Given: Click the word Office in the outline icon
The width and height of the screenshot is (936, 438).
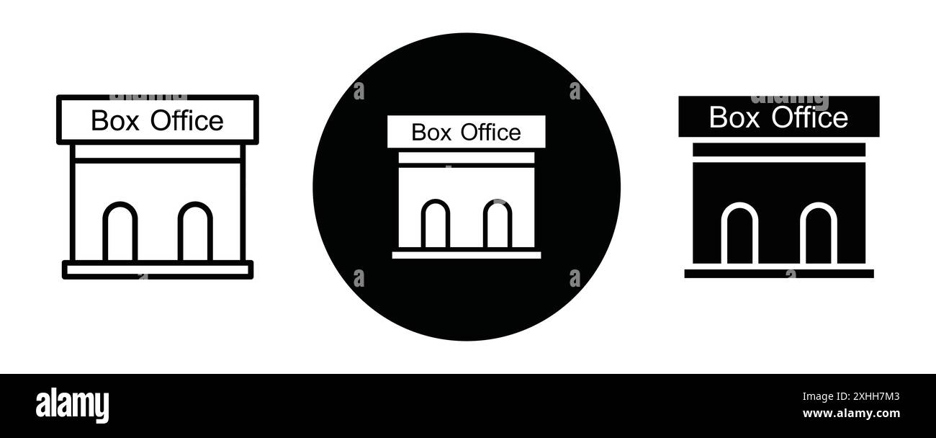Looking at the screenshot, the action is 187,121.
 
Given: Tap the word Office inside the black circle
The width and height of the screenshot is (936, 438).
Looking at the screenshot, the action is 490,133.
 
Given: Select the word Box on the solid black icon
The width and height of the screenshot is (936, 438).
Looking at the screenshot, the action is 734,117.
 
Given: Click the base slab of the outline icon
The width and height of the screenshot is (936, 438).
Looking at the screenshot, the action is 158,269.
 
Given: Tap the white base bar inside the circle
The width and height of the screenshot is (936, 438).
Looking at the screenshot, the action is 467,254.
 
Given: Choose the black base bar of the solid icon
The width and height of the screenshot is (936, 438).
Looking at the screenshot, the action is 778,274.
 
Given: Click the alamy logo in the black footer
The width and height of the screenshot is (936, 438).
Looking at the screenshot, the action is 73,404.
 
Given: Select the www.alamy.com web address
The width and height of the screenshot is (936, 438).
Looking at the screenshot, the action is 851,414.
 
